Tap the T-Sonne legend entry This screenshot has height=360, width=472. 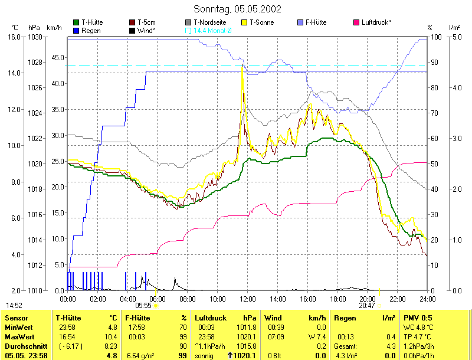click(263, 22)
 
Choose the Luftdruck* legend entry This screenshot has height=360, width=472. click(376, 22)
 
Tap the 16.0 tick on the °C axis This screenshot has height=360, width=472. click(15, 37)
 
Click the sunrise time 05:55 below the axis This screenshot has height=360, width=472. click(143, 306)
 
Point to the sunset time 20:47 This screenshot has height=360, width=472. click(366, 306)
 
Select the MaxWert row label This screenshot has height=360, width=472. click(18, 336)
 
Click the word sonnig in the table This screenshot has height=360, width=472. click(204, 356)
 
